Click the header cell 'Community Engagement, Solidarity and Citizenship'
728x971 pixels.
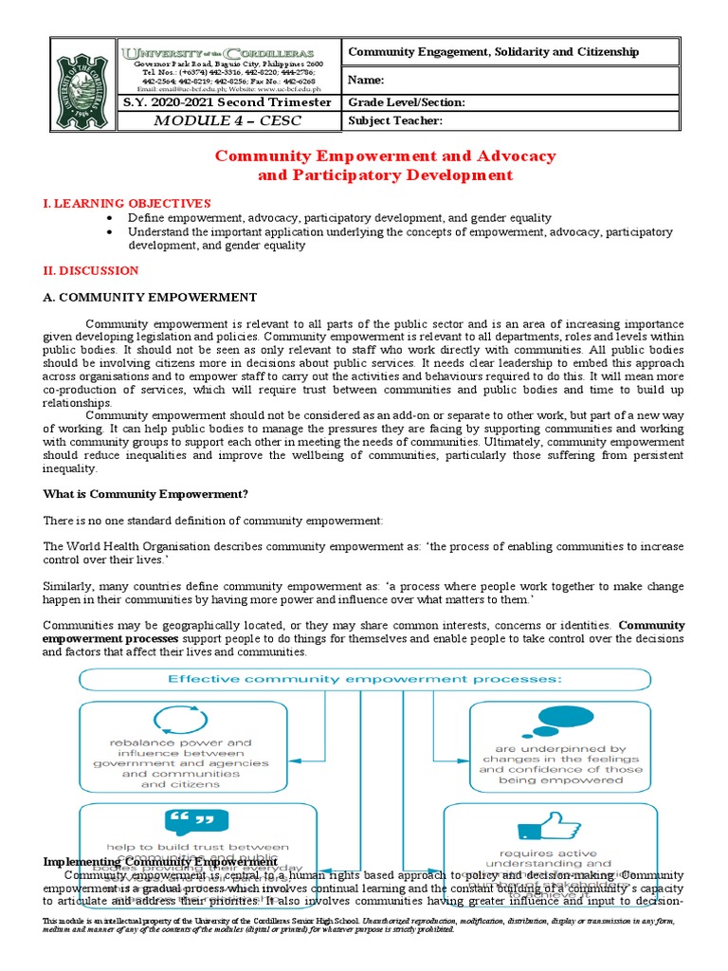click(494, 52)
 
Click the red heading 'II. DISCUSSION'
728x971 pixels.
click(91, 271)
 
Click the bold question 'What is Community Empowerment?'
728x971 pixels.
click(146, 493)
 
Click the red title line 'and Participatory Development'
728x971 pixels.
click(385, 175)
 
